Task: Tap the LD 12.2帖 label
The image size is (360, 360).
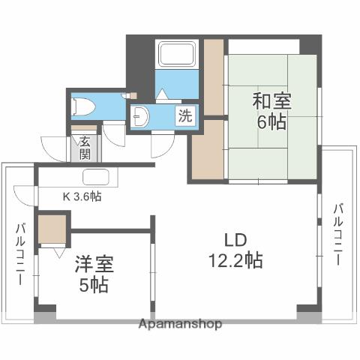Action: point(235,250)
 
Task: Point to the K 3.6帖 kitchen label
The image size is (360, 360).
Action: point(82,196)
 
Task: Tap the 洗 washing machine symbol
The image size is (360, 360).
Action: point(184,116)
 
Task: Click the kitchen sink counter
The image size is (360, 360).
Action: point(97,178)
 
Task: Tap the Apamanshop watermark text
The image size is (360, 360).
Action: point(180,324)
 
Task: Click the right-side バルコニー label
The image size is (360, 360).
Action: point(338,233)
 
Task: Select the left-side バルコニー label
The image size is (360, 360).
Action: point(19,252)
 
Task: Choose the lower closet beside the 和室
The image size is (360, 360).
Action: point(205,148)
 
